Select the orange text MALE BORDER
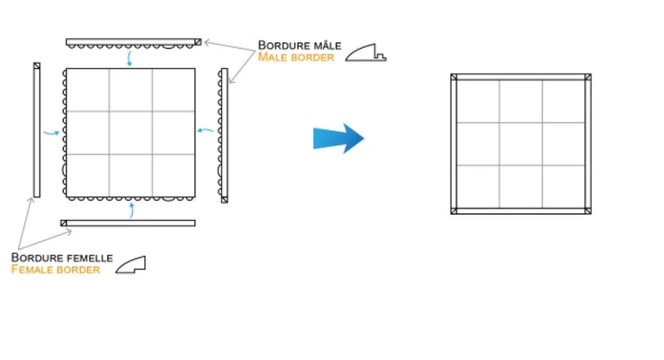(296, 57)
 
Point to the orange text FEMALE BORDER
(56, 270)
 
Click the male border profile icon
(366, 52)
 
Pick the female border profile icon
(131, 265)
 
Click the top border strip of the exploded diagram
(134, 43)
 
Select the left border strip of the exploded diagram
(37, 130)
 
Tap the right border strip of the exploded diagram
(223, 135)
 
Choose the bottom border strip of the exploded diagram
(128, 223)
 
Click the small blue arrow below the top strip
(129, 58)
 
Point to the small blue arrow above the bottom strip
(132, 210)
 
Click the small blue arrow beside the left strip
(51, 134)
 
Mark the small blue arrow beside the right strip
(205, 130)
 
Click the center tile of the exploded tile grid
(131, 133)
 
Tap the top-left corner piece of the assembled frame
(453, 77)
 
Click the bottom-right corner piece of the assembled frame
(588, 211)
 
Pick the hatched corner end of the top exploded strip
(198, 41)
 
